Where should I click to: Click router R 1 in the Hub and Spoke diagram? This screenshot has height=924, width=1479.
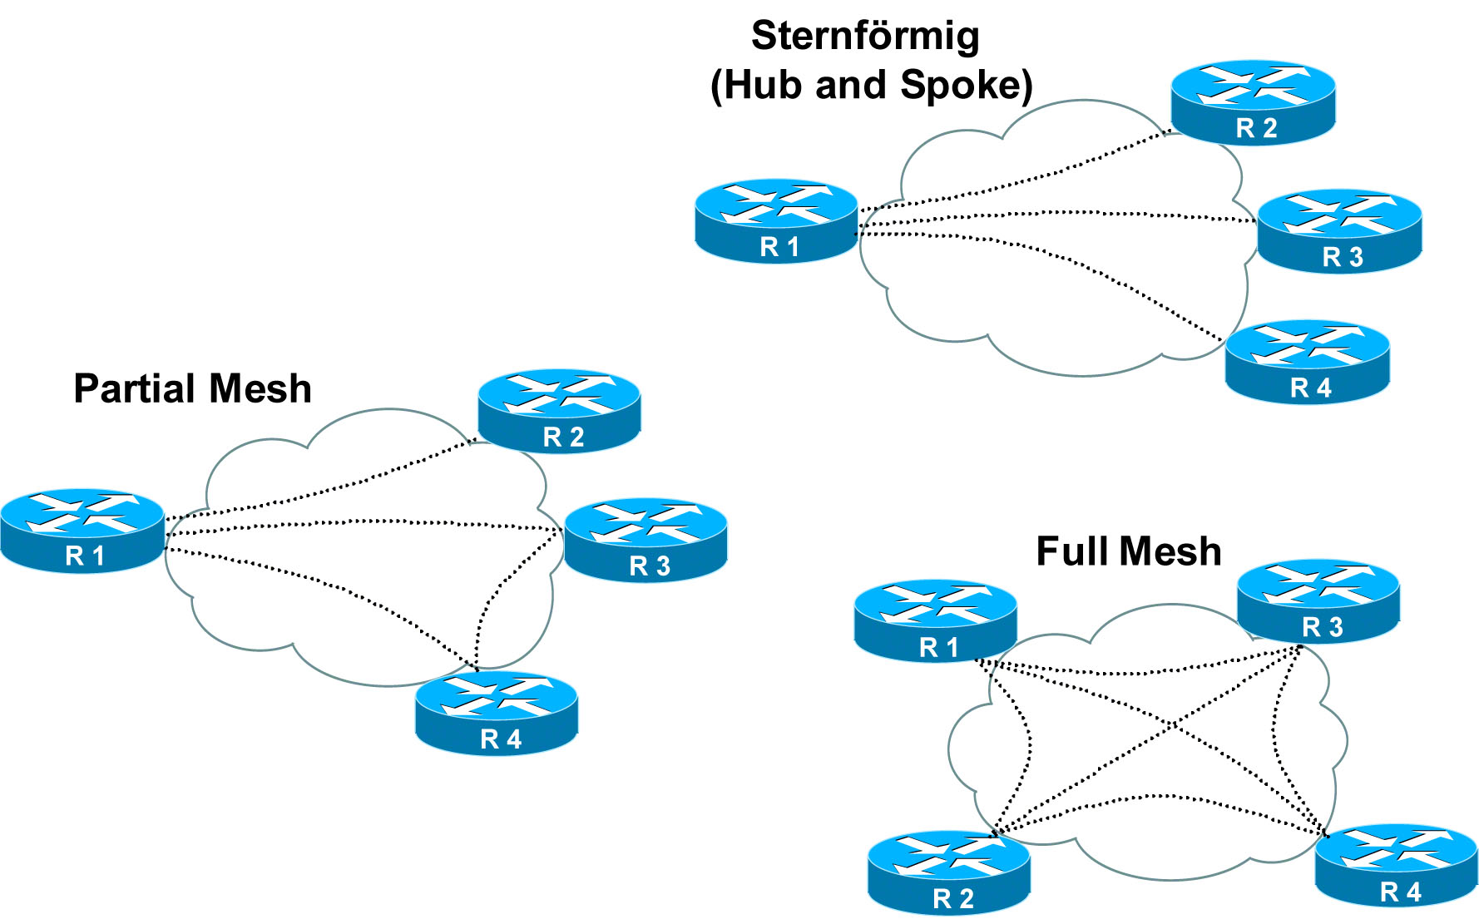point(776,220)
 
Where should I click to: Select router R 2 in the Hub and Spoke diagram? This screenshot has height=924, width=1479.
point(1253,102)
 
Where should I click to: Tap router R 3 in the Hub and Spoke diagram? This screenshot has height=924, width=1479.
point(1339,230)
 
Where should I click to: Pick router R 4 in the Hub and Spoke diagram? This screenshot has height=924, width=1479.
point(1307,362)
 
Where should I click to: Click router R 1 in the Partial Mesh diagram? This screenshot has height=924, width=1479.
point(82,530)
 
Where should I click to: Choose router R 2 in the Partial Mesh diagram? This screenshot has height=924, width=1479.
point(559,411)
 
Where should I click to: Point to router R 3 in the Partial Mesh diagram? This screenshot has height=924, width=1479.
point(646,540)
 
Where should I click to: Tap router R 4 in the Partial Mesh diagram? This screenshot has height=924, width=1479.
point(496,713)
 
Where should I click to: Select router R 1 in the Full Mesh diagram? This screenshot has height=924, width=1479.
point(935,621)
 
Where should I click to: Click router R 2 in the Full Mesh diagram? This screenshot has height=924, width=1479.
point(948,872)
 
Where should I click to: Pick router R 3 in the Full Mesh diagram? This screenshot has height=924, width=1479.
point(1318,600)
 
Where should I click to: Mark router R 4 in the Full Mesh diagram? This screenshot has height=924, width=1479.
point(1396,866)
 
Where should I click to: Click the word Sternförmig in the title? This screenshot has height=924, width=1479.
point(865,36)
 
